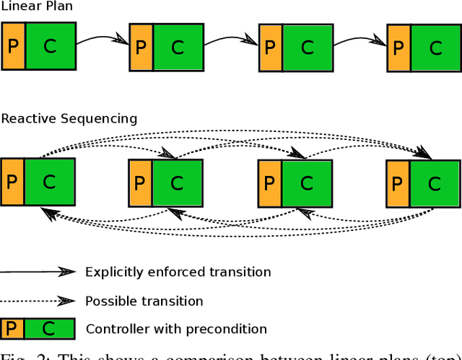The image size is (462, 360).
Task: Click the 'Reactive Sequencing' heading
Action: coord(69,118)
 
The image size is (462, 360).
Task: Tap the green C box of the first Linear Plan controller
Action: coord(50,47)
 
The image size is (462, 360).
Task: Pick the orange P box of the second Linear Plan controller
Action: coord(141,47)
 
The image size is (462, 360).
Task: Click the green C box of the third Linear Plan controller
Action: coord(308,48)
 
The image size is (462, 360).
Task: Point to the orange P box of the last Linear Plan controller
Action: coord(398,48)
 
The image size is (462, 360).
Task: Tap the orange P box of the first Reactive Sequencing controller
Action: coord(12,183)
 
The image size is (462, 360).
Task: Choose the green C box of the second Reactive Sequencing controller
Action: coord(176,183)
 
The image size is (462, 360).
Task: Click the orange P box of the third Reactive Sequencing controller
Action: coord(269,183)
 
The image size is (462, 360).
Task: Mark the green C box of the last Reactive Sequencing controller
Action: coord(434,183)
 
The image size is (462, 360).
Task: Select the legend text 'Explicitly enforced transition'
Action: coord(178,272)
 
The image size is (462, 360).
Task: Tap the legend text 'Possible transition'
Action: coord(144,301)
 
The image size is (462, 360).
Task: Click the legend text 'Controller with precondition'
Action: coord(176,329)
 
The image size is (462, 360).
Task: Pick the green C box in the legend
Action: coord(50,329)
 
